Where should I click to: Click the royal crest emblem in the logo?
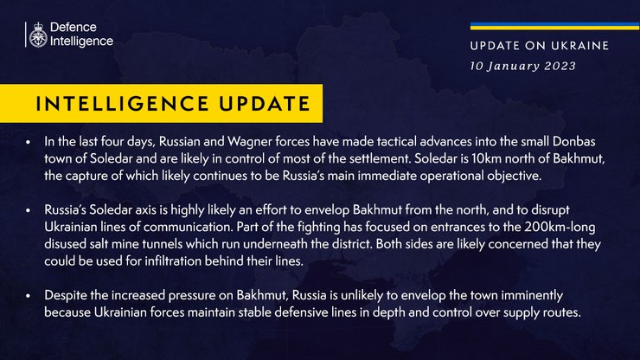click(39, 34)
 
